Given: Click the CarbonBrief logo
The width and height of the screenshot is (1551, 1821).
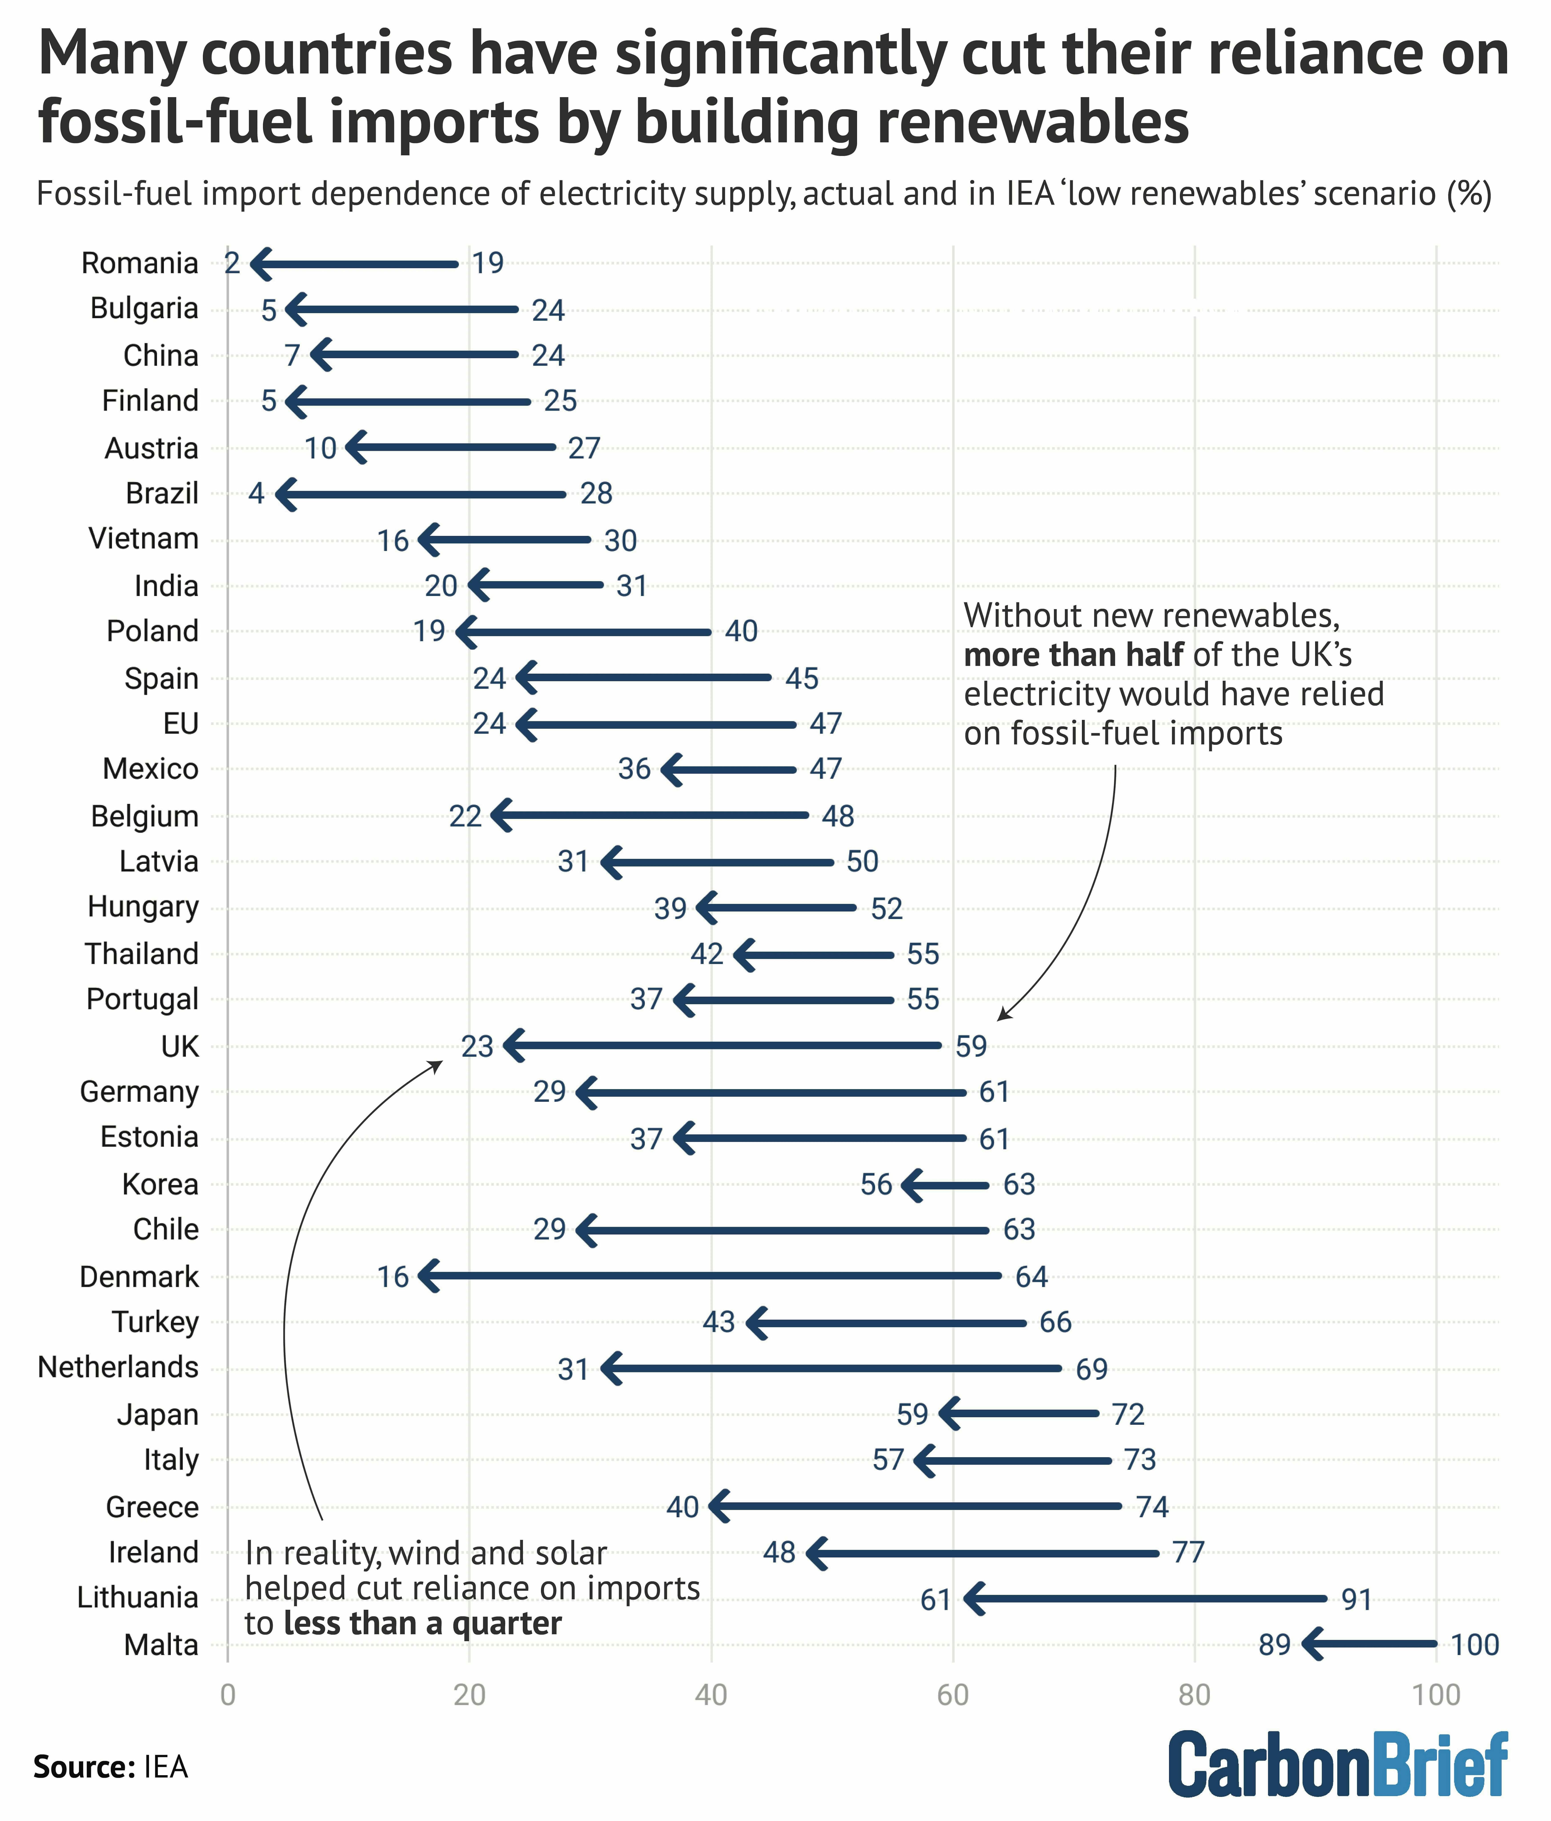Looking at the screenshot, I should coord(1337,1765).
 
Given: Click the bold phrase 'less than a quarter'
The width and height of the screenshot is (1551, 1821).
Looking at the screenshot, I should coord(422,1622).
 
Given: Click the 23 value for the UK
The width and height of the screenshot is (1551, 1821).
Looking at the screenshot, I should coord(477,1046).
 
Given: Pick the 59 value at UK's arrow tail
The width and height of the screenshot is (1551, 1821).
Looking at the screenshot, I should coord(971,1046).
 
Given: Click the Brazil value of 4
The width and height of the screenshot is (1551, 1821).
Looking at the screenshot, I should coord(256,493).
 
